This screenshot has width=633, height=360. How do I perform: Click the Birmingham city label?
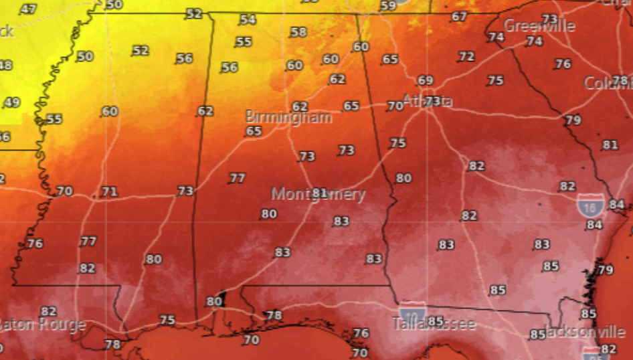click(288, 118)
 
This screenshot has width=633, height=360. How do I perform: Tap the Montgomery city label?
click(318, 195)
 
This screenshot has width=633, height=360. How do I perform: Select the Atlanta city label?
click(428, 102)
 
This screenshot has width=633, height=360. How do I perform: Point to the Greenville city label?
click(539, 26)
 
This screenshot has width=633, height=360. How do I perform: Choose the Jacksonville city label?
click(583, 332)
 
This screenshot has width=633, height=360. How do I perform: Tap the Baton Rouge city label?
click(41, 325)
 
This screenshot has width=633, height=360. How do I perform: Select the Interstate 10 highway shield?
click(411, 312)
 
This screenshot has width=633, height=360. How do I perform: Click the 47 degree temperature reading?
click(28, 9)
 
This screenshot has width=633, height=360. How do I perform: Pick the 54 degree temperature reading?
click(248, 19)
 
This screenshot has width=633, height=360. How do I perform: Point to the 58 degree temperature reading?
click(298, 32)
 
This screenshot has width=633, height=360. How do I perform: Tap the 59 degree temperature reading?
click(388, 6)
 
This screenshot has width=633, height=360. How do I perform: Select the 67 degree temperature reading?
click(459, 17)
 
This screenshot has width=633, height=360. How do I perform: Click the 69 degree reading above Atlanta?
click(426, 80)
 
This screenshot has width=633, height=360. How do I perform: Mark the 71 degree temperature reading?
click(109, 192)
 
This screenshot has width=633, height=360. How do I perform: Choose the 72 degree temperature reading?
click(466, 57)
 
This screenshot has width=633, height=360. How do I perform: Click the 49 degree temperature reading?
click(11, 102)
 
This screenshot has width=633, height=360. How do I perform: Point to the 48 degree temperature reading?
click(5, 65)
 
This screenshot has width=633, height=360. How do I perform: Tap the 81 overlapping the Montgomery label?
click(320, 193)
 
